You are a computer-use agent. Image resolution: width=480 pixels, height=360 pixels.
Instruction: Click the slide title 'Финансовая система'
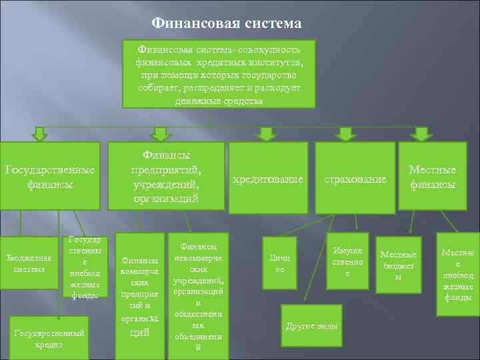227,24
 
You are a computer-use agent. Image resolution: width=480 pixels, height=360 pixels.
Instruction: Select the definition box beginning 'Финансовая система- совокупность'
211,75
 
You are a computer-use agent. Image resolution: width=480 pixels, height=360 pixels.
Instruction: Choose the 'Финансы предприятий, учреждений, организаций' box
167,177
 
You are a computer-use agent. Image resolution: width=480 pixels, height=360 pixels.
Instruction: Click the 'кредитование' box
267,179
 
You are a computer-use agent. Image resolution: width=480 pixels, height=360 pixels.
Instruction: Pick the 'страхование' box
355,179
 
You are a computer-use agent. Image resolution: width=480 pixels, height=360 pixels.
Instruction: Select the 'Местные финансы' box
432,177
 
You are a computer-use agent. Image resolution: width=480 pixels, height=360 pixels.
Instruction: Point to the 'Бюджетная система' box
26,263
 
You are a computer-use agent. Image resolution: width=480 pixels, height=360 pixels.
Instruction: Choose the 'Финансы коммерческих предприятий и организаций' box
140,293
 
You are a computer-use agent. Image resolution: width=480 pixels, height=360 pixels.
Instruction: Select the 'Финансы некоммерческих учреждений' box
197,291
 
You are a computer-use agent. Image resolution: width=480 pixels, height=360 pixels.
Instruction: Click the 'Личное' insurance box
280,263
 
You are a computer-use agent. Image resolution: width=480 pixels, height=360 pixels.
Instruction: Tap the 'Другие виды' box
311,326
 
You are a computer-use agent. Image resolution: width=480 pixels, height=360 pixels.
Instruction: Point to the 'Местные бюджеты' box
398,264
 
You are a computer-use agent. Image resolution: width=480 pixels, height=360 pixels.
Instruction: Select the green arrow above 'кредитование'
266,135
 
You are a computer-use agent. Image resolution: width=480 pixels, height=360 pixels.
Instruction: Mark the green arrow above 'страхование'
345,135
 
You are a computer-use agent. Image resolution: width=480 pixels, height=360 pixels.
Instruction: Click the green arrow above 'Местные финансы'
421,135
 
